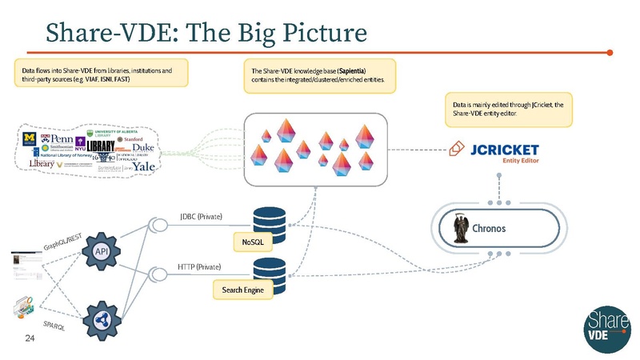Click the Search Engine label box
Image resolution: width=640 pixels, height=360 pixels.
[243, 289]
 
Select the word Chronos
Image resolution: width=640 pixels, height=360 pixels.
[502, 228]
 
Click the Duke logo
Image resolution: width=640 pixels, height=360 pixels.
[143, 148]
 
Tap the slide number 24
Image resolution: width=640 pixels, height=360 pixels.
[30, 340]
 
